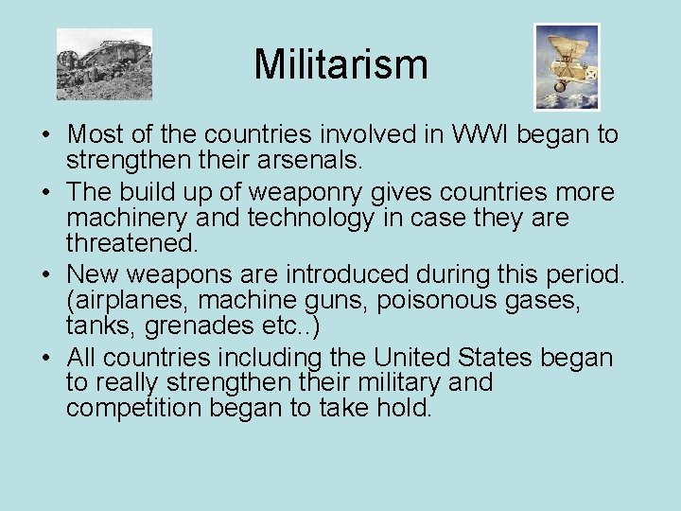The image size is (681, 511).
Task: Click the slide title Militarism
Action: [x=340, y=65]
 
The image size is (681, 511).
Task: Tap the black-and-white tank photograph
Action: [x=104, y=64]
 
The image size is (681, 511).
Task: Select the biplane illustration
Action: [x=567, y=66]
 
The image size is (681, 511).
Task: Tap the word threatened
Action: [x=132, y=242]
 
